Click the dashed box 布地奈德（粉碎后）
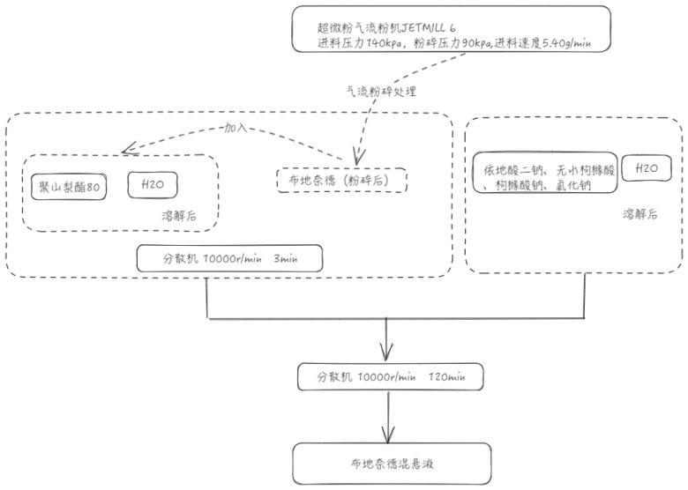coord(341,181)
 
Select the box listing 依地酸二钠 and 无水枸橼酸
coord(545,174)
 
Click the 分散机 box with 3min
coord(229,258)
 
